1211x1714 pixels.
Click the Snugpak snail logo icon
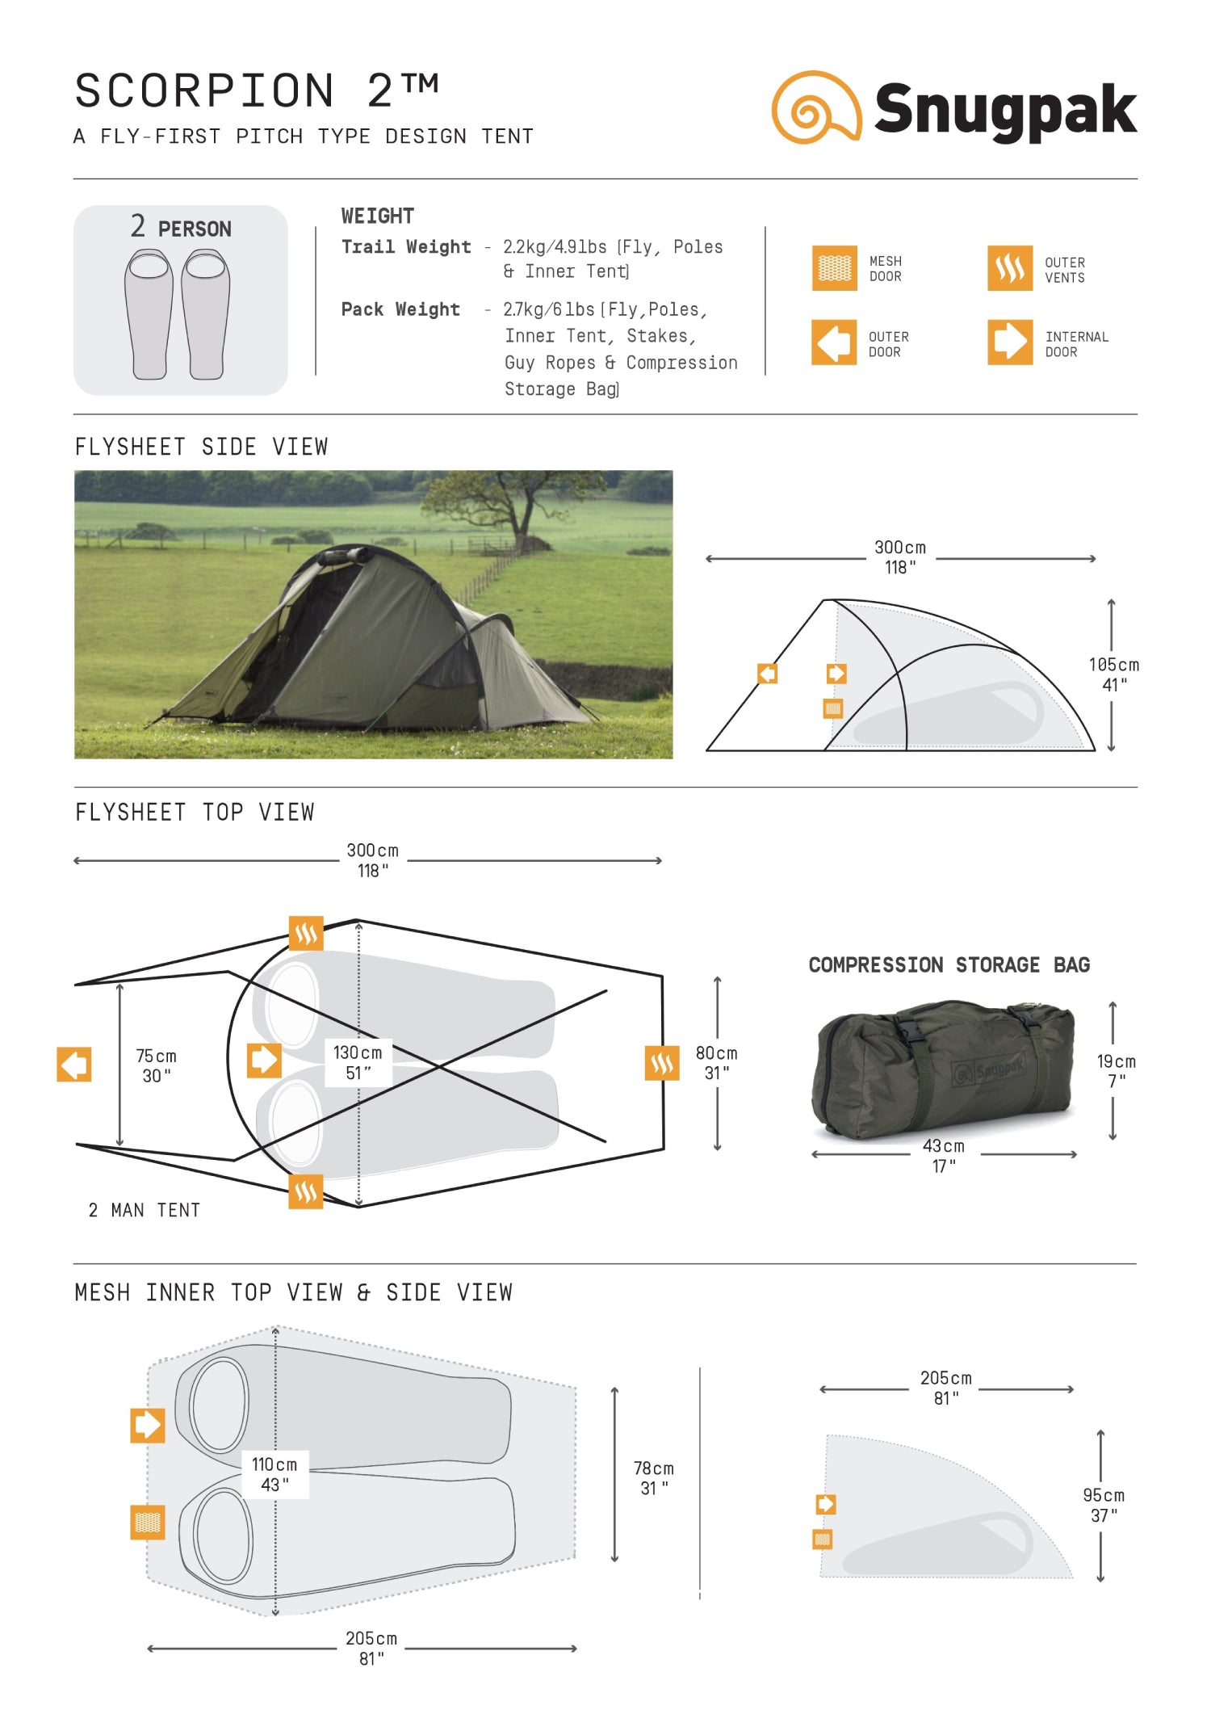(x=815, y=107)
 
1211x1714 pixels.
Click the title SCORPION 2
(x=257, y=90)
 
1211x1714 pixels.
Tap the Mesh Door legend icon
(x=834, y=268)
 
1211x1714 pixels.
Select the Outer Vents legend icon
(x=1009, y=268)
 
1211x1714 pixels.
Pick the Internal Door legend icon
(x=1009, y=342)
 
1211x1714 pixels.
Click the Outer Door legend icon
(x=834, y=342)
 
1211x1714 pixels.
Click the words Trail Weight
(x=405, y=247)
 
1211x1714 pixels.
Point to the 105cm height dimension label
(x=1113, y=674)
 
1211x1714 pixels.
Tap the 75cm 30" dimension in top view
(x=156, y=1065)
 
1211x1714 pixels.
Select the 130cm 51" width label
(x=358, y=1062)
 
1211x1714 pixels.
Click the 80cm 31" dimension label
(x=716, y=1063)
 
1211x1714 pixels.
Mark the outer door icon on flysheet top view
(x=74, y=1064)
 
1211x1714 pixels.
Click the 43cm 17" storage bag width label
(x=943, y=1155)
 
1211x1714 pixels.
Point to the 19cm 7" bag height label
(x=1116, y=1070)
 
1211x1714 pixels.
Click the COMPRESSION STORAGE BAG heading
(x=949, y=964)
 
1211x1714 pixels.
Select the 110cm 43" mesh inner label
(x=274, y=1474)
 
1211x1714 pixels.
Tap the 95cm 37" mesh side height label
(x=1103, y=1505)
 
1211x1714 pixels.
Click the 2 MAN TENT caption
(x=145, y=1210)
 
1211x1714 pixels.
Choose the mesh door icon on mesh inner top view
(x=148, y=1522)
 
